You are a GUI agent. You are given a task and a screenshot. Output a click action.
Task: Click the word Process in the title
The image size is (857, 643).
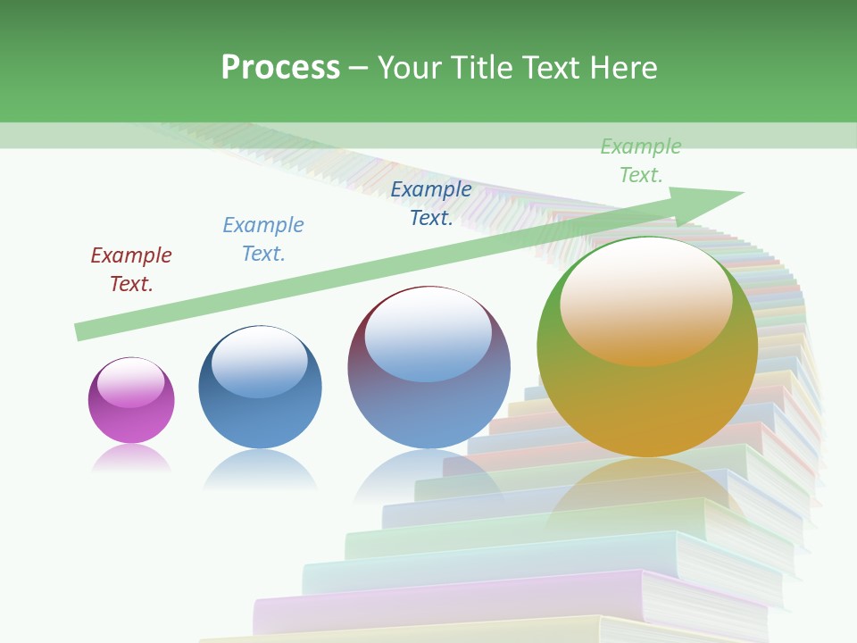(280, 68)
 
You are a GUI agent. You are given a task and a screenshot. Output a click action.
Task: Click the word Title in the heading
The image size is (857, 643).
(478, 68)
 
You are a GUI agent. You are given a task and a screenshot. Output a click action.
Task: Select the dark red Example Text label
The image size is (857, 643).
(131, 269)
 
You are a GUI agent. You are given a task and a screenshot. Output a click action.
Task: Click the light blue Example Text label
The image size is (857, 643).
(263, 238)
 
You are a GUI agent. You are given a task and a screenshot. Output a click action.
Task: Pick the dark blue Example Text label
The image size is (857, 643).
(431, 203)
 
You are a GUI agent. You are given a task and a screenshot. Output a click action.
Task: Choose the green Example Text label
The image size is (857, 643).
(641, 160)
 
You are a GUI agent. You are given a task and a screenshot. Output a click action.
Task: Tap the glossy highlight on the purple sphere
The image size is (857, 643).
(131, 383)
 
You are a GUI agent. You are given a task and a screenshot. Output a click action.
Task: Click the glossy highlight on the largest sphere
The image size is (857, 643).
(645, 300)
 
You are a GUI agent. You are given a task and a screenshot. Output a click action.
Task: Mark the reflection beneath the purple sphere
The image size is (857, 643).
(131, 459)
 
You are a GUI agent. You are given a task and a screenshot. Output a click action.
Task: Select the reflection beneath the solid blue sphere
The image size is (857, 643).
(260, 469)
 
